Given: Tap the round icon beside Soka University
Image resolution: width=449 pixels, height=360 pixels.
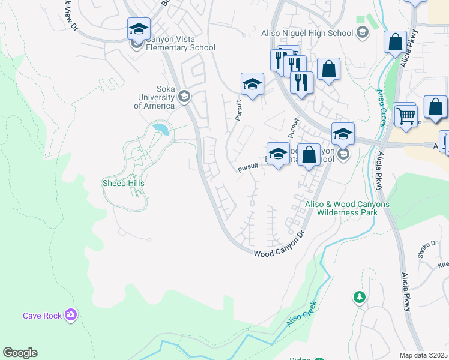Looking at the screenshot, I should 184,97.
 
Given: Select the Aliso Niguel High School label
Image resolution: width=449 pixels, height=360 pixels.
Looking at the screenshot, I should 307,33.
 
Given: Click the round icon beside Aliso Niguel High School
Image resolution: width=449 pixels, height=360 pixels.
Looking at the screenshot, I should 362,32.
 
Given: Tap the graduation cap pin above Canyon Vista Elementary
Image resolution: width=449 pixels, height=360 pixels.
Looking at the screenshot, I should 139,28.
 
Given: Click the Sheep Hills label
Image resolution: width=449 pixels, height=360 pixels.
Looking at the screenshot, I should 124,183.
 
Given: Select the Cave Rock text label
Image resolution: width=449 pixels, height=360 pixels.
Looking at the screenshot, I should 42,316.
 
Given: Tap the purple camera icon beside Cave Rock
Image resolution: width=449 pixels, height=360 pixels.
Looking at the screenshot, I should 71,314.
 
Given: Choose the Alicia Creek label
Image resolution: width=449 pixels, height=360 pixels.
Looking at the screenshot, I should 381,108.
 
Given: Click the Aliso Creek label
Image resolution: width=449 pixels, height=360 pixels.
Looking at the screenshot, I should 301,314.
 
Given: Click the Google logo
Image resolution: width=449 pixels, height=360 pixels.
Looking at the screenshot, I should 20,353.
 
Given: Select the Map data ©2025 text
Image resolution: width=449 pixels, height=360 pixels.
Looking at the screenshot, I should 423,355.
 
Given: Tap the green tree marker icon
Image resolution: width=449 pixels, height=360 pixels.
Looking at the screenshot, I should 359,296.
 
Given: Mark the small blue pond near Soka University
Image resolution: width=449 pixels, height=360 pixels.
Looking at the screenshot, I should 160,128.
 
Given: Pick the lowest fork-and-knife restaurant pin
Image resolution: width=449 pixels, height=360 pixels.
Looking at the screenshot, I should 301,82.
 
